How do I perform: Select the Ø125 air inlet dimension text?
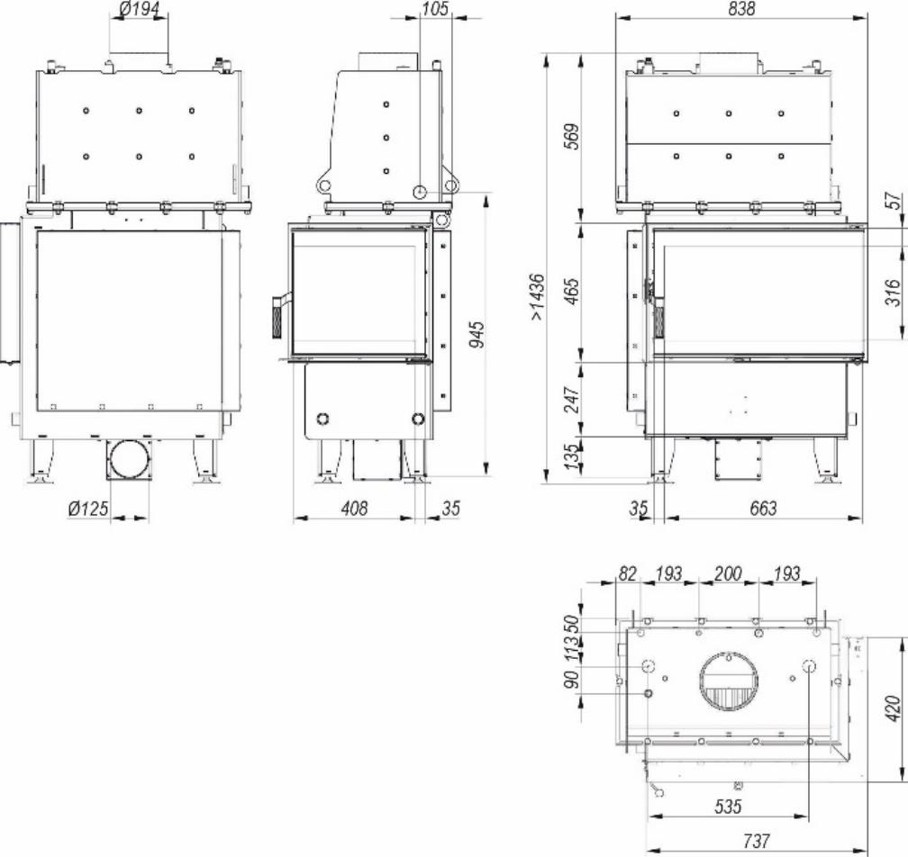click(x=87, y=509)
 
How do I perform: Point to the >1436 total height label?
click(x=538, y=296)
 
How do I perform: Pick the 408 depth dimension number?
click(x=354, y=509)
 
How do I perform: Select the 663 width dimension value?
click(x=762, y=509)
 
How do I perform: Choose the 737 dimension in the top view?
click(x=757, y=842)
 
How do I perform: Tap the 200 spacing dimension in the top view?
click(x=728, y=573)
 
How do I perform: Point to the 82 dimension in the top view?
click(x=627, y=573)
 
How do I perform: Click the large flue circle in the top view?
click(x=728, y=681)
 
